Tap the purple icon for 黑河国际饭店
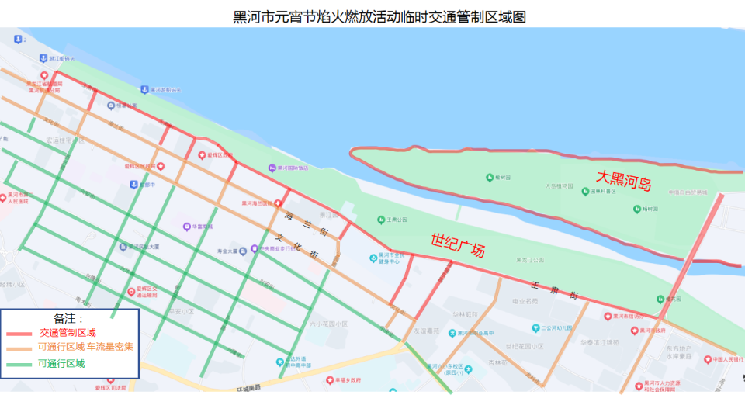point(272,168)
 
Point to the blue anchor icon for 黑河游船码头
point(144,90)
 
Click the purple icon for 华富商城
point(187,227)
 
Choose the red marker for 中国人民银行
point(707,359)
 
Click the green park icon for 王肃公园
point(380,220)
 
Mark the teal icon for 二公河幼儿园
point(535,328)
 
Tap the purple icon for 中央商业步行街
point(255,250)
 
